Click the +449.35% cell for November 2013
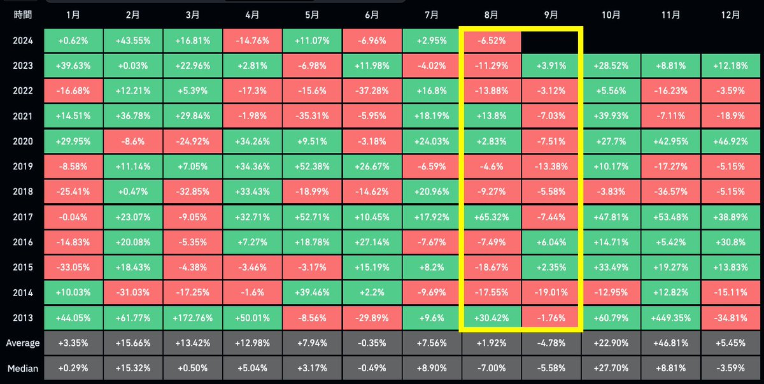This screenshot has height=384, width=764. [x=670, y=318]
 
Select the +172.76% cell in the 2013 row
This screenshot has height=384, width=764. [x=193, y=318]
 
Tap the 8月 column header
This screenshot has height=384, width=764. [x=491, y=15]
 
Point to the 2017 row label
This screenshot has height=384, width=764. [x=23, y=217]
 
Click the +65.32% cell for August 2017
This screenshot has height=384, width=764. [x=492, y=217]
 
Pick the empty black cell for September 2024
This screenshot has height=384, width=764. [x=550, y=41]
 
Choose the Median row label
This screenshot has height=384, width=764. [x=23, y=368]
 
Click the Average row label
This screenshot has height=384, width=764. [x=23, y=343]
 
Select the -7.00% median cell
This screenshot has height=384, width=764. [x=492, y=368]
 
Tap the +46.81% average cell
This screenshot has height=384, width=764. [x=670, y=343]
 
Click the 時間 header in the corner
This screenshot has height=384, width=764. [x=23, y=15]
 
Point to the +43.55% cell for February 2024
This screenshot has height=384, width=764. [x=133, y=41]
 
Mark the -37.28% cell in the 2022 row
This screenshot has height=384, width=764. [x=372, y=90]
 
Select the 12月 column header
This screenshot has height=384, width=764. [x=730, y=15]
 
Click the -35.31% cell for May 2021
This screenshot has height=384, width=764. [x=312, y=116]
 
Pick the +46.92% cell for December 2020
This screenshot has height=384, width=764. [x=731, y=141]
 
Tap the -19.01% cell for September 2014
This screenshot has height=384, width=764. [x=551, y=292]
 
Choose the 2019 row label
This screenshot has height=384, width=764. [x=23, y=166]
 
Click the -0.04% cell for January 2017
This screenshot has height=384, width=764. [x=73, y=217]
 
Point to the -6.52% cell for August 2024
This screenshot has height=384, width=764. [x=492, y=41]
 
